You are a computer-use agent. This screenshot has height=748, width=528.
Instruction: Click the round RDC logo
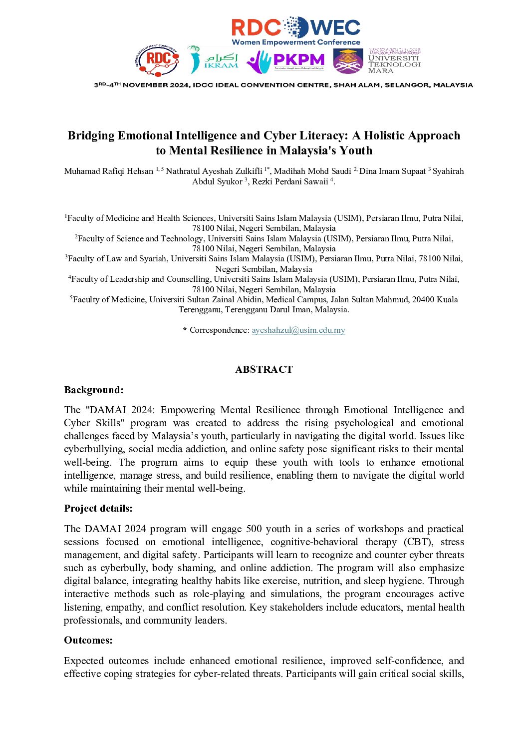pos(158,60)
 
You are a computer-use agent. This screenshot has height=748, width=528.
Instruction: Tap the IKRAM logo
pos(214,60)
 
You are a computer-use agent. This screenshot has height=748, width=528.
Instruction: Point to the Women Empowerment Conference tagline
pos(295,42)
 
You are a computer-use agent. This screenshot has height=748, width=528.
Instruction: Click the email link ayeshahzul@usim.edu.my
pos(298,330)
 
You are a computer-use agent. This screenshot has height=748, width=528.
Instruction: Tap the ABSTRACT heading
pos(264,370)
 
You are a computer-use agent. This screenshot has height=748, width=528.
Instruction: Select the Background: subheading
pos(94,390)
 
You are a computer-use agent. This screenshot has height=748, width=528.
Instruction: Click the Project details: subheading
pos(98,509)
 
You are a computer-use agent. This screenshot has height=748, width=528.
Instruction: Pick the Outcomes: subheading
pos(88,641)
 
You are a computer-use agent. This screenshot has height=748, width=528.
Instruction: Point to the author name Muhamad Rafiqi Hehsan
pos(109,171)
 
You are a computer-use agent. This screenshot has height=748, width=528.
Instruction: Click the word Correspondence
pos(219,330)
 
